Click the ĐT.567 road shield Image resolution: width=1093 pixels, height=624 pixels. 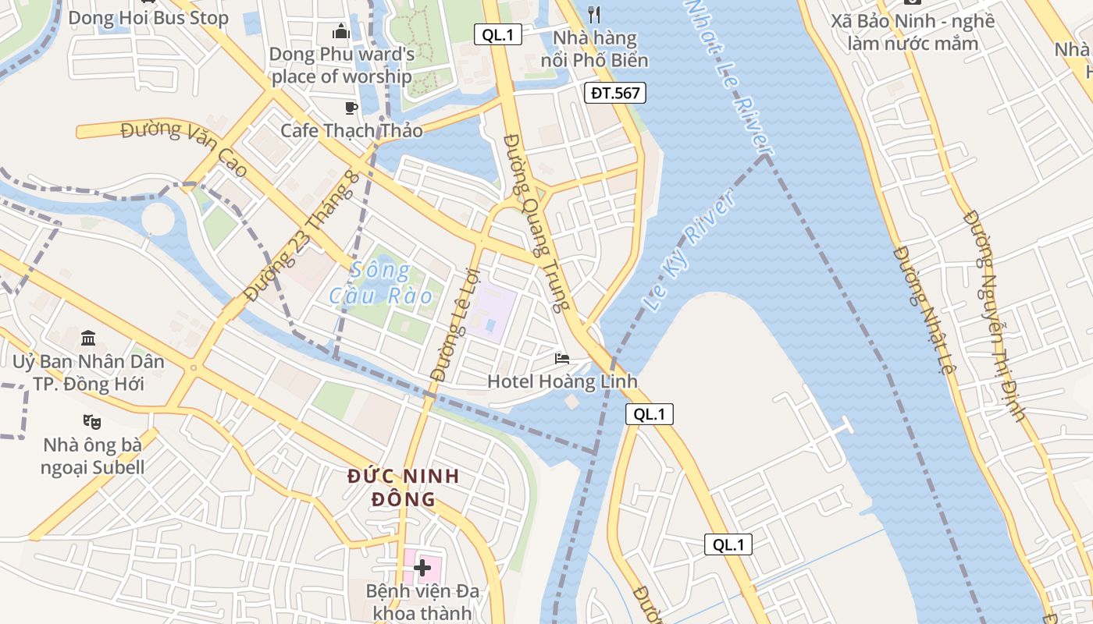click(615, 94)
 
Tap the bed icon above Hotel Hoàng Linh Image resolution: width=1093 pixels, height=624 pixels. click(562, 359)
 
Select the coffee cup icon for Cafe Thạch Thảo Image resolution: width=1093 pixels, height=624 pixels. click(351, 108)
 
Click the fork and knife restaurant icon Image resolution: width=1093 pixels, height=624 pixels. click(594, 14)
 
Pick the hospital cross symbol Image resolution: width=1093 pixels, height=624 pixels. click(422, 567)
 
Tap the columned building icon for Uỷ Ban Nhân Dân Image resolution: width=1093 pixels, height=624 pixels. click(88, 339)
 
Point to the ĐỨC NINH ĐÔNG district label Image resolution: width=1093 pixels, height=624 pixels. click(404, 487)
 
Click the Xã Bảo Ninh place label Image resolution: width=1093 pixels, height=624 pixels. click(913, 32)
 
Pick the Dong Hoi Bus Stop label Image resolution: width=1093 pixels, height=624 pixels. click(148, 18)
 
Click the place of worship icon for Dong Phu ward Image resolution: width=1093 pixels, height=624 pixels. click(341, 31)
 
